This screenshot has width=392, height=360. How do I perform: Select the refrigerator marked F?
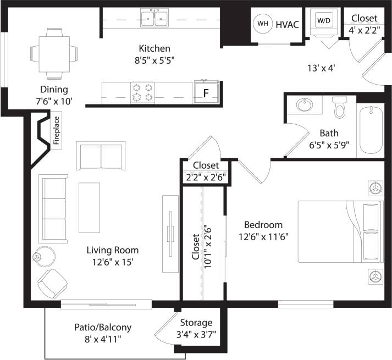coord(206,92)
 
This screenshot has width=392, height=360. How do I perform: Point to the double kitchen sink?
coord(154,19)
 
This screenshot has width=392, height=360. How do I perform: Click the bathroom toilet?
coord(339,108)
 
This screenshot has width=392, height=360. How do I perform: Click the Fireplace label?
coord(56,130)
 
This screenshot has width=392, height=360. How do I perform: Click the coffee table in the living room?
coord(90,208)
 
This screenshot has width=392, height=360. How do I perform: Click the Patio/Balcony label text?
coord(103,328)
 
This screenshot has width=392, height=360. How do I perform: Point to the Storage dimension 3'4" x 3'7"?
coord(196,334)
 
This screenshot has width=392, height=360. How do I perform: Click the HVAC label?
coord(286,24)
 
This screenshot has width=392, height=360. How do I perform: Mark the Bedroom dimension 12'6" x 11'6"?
coord(263,236)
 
